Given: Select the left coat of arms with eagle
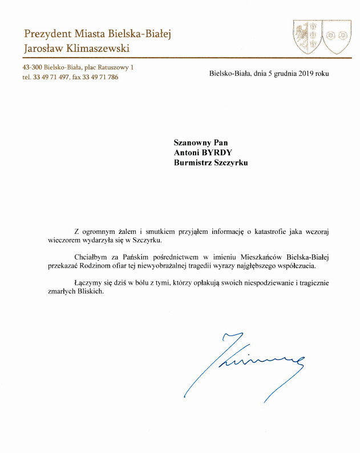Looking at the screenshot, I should pos(308,37).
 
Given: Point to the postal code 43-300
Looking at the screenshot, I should pos(34,68).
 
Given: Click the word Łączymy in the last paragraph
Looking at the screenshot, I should pos(87,282).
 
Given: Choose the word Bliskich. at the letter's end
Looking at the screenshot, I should pos(91,292).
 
